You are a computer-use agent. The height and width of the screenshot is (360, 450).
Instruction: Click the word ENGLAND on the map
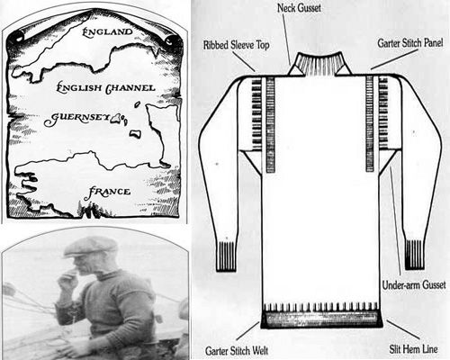[x=107, y=31]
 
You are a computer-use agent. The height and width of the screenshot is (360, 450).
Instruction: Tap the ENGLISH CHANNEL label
[x=106, y=88]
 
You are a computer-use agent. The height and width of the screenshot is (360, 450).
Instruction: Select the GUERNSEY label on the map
[x=76, y=119]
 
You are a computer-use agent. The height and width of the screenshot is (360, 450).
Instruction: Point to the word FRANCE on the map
[x=107, y=193]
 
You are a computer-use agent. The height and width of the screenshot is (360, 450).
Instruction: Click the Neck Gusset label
[x=299, y=8]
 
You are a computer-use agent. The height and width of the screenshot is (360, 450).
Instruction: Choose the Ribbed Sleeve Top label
[x=237, y=45]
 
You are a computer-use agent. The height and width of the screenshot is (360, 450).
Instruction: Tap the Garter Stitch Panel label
[x=410, y=43]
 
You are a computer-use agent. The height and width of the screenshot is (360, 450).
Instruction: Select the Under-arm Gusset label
[x=414, y=285]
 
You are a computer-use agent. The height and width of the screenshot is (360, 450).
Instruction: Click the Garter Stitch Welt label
[x=237, y=350]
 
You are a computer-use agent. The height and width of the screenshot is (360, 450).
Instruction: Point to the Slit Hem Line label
[x=413, y=349]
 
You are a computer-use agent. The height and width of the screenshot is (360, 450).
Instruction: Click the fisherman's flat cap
[x=90, y=247]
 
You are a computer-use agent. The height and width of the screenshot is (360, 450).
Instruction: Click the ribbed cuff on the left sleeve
[x=227, y=256]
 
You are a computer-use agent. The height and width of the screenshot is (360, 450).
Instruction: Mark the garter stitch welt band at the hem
[x=321, y=319]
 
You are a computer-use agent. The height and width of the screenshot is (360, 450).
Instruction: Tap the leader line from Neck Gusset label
[x=286, y=40]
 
